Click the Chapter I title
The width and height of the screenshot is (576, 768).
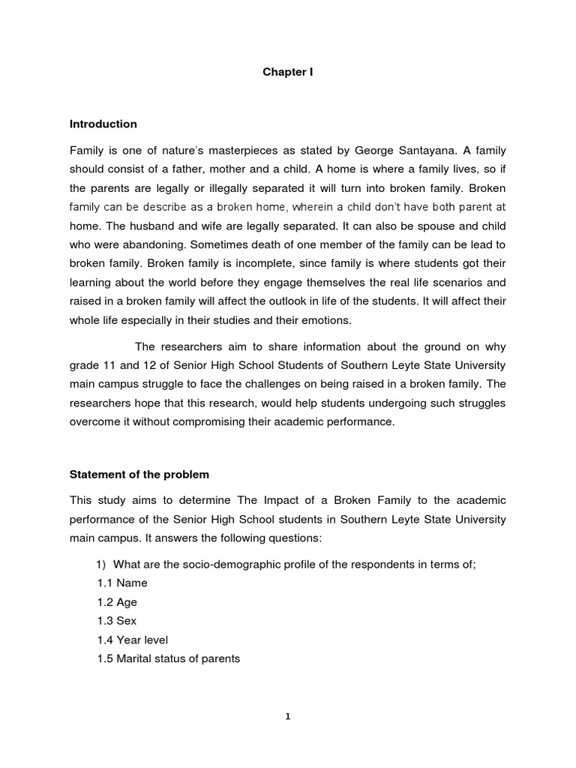tap(287, 73)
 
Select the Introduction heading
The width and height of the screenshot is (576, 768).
tap(103, 124)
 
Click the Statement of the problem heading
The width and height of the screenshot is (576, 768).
tap(139, 475)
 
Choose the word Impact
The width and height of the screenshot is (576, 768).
tap(265, 500)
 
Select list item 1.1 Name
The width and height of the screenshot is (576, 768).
tap(122, 583)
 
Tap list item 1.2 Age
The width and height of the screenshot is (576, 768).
tap(117, 602)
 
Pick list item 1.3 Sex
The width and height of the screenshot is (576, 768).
tap(117, 621)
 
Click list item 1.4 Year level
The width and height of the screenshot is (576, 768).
tap(133, 640)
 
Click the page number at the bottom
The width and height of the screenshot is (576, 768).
tap(287, 716)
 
